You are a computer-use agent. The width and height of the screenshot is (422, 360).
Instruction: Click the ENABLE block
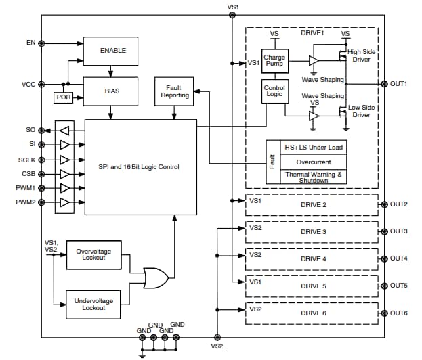coord(113,51)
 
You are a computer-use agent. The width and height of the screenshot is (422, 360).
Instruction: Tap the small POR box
coord(62,97)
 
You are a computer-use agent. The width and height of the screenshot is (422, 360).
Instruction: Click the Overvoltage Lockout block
coord(93,256)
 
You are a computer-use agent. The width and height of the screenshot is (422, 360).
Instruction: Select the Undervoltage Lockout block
coord(93,304)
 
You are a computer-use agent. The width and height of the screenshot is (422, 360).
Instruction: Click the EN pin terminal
coord(42,43)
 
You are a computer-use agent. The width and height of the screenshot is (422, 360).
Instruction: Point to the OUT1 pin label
coord(398,84)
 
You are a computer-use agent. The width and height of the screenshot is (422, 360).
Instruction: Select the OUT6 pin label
coord(398,313)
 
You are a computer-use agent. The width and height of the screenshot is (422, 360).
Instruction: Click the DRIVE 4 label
coord(314,258)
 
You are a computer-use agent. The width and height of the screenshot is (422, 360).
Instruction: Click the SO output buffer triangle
coord(65,130)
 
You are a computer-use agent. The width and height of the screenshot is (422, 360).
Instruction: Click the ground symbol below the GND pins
coord(142,353)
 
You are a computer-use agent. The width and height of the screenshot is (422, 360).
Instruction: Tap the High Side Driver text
coord(363,55)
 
